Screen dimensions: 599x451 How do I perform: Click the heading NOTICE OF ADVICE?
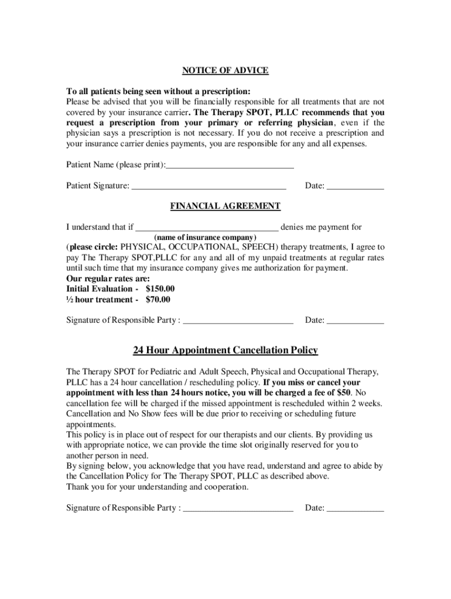tap(225, 71)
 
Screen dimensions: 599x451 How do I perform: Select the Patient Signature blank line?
tap(209, 188)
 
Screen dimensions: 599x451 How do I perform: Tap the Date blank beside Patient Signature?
tap(355, 188)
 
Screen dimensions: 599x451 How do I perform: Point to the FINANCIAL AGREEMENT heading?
tap(225, 206)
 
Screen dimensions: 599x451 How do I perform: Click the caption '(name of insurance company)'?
tap(205, 237)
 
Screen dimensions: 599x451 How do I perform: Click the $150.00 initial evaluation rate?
tap(160, 289)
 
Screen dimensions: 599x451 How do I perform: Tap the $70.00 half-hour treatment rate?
tap(158, 299)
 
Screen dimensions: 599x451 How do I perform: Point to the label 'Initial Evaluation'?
tap(100, 289)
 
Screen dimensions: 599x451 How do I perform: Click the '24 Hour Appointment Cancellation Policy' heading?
tap(225, 350)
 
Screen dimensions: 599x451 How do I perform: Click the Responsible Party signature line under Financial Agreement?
tap(238, 322)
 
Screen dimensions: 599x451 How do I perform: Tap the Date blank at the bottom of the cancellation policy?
tap(355, 510)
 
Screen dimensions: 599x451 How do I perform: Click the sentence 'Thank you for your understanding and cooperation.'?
tap(158, 487)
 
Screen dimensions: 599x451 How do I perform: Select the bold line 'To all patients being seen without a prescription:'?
tap(158, 92)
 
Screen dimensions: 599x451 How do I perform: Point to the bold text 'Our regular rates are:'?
tap(108, 278)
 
